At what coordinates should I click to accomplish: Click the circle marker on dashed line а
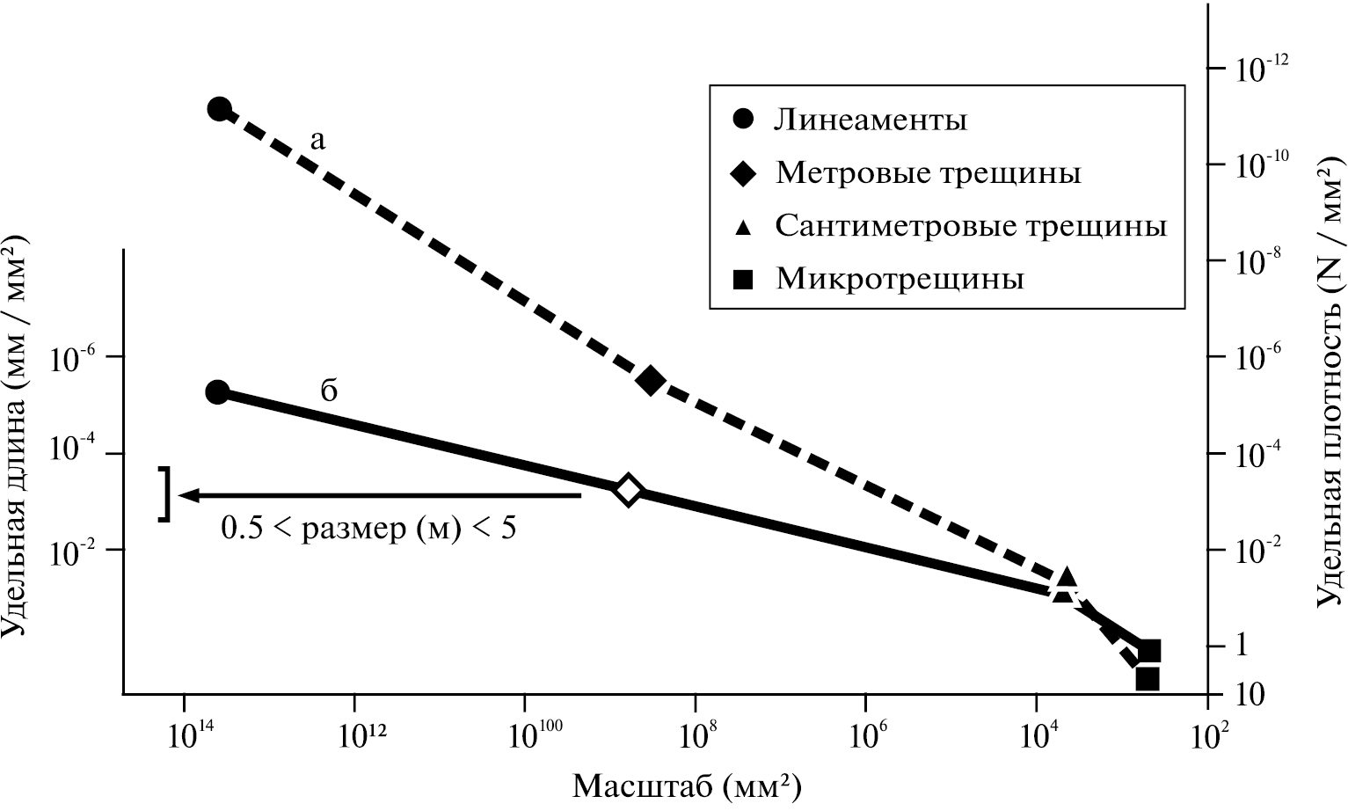[x=219, y=109]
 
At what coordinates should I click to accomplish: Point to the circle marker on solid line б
[x=217, y=392]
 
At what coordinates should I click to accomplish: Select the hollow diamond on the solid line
[x=628, y=490]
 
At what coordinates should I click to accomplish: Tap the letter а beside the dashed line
[x=317, y=139]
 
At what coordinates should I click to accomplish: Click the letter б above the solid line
[x=328, y=390]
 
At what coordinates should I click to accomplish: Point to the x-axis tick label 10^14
[x=184, y=732]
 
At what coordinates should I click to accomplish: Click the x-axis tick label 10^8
[x=695, y=732]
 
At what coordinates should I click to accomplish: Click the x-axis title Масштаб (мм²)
[x=687, y=785]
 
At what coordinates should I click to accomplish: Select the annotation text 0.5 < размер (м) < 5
[x=368, y=528]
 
